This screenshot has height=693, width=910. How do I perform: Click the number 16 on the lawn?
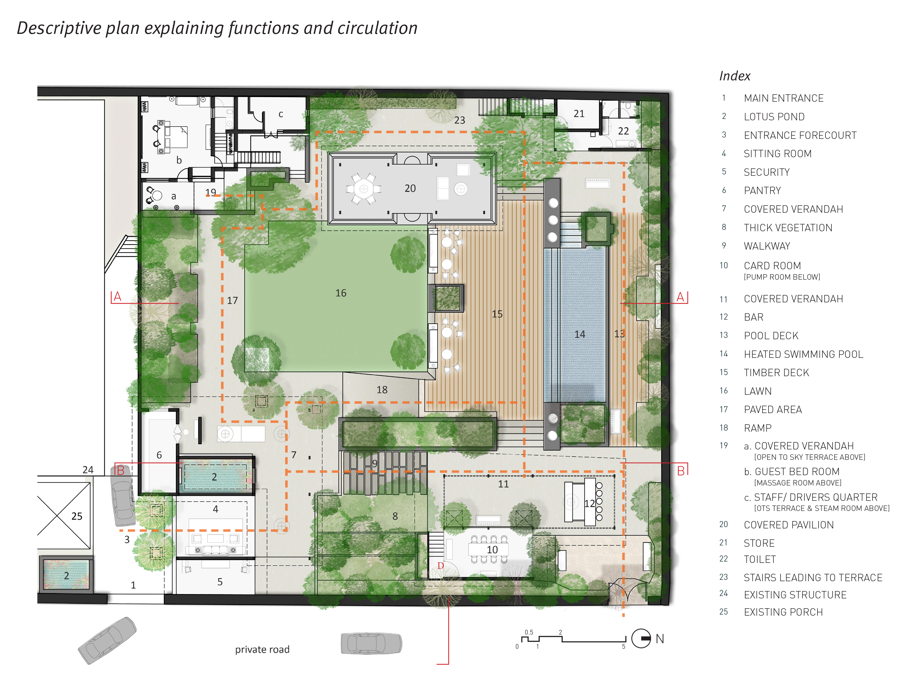click(341, 293)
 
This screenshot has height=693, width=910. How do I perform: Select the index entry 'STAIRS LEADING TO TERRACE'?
click(813, 577)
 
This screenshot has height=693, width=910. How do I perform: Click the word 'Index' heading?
click(735, 76)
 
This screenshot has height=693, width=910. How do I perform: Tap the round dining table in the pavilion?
click(363, 189)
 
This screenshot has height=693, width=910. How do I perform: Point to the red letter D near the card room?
click(441, 566)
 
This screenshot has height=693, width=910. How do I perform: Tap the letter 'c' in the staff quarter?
click(281, 114)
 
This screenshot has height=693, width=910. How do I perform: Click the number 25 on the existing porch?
click(77, 516)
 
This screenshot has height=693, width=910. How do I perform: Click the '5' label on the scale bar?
click(623, 646)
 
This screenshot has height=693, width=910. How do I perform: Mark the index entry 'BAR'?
click(753, 317)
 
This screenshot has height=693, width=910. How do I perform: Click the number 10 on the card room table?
click(492, 549)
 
